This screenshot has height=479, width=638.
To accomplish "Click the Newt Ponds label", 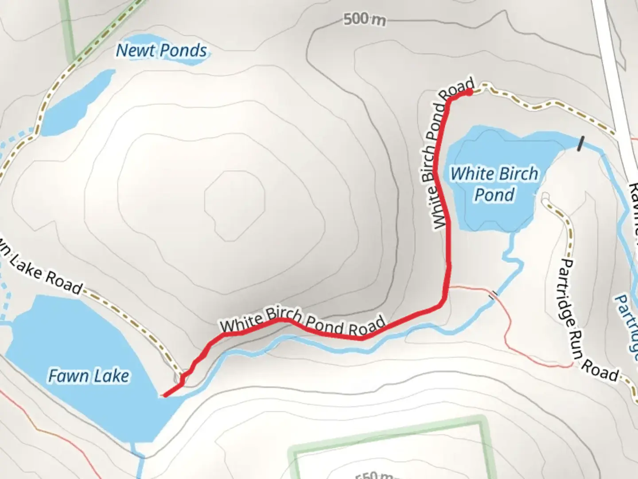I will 161,51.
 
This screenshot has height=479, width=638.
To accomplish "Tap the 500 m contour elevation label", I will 364,20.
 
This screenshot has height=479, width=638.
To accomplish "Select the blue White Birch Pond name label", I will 494,184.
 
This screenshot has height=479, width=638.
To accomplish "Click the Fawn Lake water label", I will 89,376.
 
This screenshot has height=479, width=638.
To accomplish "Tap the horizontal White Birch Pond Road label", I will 302,322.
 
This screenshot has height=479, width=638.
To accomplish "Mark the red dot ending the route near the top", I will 468,92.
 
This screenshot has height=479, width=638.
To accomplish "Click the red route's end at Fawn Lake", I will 164,395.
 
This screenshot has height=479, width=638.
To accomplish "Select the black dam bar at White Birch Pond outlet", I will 580,144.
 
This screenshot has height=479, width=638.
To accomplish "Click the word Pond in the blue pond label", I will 494,195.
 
